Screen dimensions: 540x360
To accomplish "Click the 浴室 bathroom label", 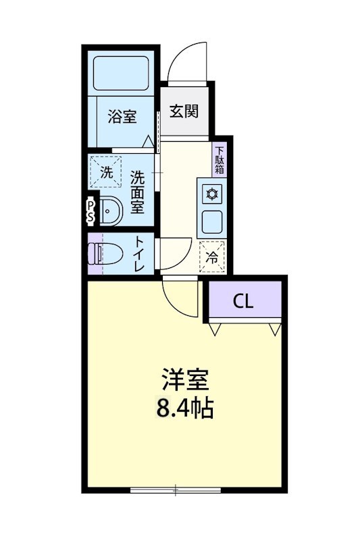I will [122, 117].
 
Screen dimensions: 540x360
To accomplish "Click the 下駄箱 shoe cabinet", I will [220, 161].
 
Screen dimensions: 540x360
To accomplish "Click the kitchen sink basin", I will [212, 221].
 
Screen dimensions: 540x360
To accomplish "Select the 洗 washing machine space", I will [107, 171].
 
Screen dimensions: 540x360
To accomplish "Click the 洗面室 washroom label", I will [137, 192].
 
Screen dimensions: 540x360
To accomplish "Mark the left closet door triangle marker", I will [216, 329].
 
